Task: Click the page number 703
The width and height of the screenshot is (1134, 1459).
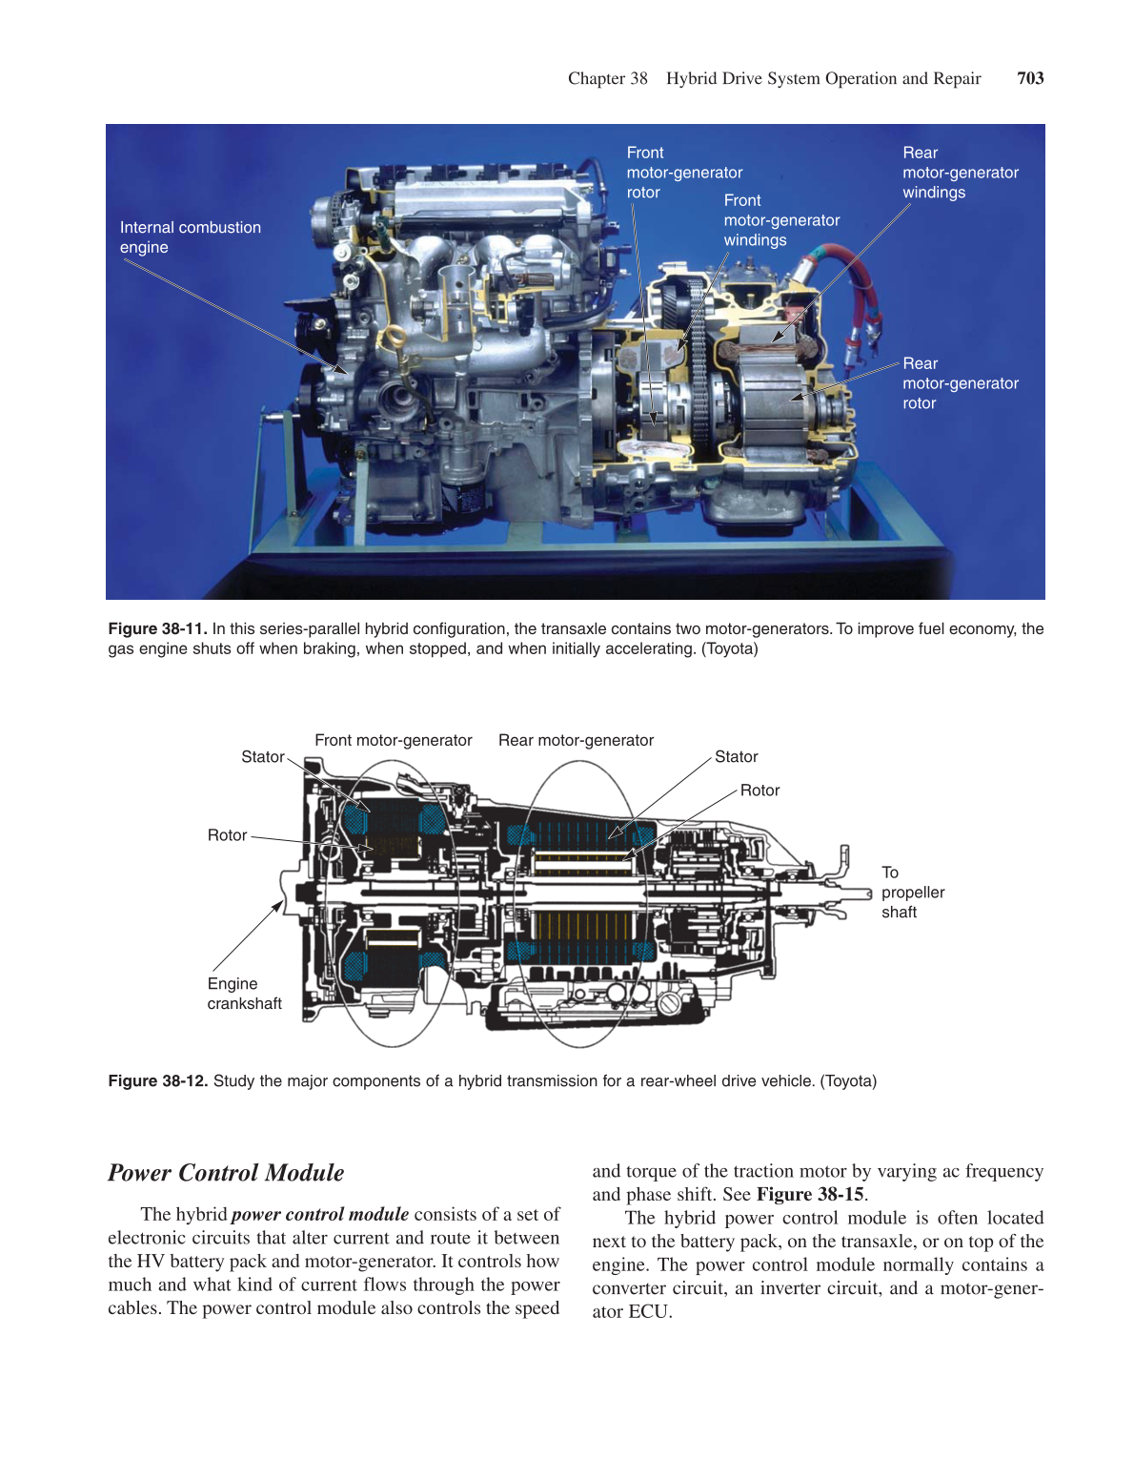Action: (x=1030, y=78)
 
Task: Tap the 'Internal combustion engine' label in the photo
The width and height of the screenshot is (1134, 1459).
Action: (x=190, y=237)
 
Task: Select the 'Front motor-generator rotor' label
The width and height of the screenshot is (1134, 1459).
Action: (x=683, y=173)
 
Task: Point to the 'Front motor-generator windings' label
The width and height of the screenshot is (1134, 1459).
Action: (x=780, y=220)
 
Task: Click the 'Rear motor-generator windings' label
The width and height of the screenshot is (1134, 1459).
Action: (x=960, y=173)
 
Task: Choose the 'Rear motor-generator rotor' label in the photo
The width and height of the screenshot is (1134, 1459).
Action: (x=960, y=383)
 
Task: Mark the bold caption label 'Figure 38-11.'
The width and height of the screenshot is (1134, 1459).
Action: (x=157, y=628)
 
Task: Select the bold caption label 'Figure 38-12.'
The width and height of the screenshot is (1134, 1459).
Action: (x=157, y=1080)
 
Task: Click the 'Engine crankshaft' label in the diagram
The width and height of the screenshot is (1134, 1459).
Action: (x=244, y=994)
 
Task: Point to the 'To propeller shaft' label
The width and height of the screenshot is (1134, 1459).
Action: (x=912, y=893)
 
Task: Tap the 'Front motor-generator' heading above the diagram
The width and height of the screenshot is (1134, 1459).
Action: (x=393, y=740)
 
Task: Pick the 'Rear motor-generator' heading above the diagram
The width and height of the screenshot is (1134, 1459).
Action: (x=576, y=740)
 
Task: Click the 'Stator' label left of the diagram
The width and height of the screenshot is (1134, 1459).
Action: (x=262, y=757)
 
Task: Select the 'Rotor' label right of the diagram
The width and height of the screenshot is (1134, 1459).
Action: (x=759, y=791)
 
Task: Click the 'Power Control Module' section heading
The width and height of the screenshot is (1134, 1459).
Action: (x=226, y=1173)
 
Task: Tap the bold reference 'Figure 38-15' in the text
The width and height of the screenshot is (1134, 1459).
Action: (x=809, y=1194)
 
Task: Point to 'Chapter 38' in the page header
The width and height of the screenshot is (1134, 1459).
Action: (x=607, y=78)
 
